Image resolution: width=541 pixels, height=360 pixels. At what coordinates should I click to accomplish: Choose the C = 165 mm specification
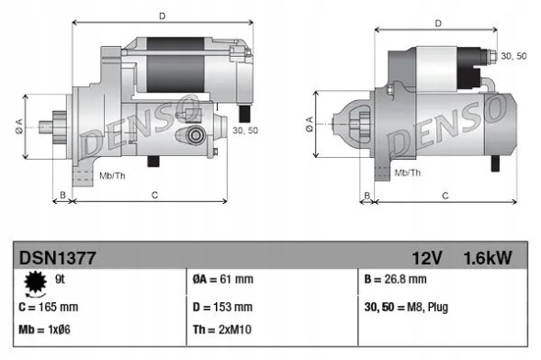(x=50, y=307)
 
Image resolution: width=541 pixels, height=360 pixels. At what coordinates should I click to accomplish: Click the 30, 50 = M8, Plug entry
(x=408, y=307)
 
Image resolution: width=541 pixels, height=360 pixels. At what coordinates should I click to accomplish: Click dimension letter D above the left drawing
(x=161, y=15)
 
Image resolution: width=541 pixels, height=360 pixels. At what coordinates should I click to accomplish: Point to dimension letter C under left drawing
(x=154, y=194)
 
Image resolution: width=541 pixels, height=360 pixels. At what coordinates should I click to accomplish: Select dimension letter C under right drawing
(x=445, y=196)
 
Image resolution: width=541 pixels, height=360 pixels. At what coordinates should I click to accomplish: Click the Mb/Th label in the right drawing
(x=408, y=172)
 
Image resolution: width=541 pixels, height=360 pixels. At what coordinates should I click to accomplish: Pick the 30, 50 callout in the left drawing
(x=245, y=132)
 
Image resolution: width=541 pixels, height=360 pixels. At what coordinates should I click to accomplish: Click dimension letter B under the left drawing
(x=62, y=194)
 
